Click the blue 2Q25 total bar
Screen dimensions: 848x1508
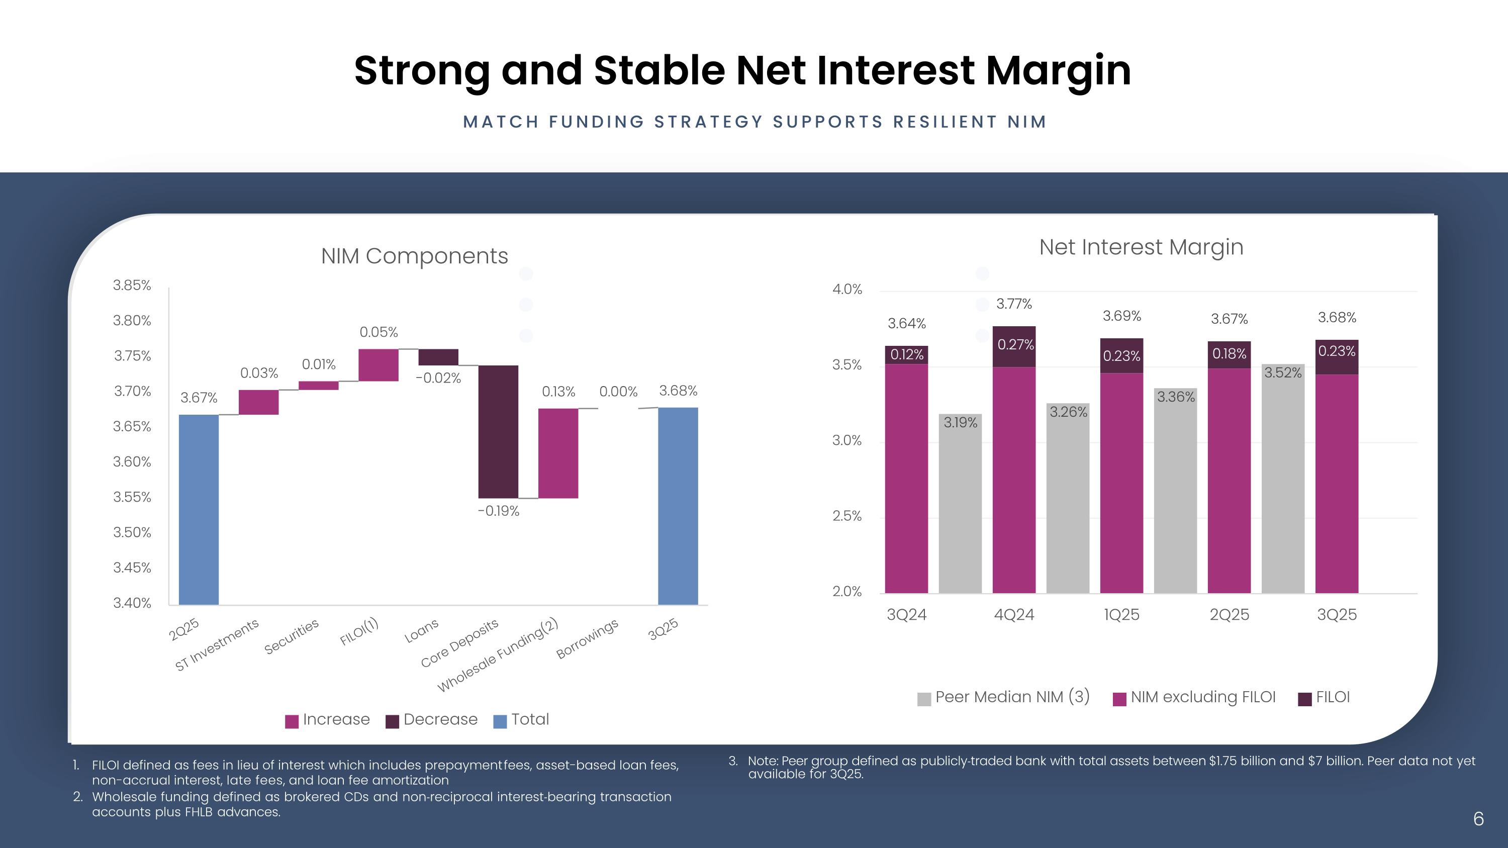[199, 509]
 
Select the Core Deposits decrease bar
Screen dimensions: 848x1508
[498, 431]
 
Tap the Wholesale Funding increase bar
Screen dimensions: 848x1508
[558, 453]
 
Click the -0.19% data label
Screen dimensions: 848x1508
[498, 511]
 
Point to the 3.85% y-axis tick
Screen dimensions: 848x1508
[132, 286]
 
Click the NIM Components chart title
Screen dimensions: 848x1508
[415, 256]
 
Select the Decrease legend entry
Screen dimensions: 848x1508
[431, 720]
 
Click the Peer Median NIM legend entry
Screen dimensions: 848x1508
[1003, 698]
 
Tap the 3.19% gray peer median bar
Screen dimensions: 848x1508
[960, 503]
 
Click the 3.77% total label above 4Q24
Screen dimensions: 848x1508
[1014, 304]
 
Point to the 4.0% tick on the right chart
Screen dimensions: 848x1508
[847, 289]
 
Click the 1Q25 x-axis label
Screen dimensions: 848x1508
[1121, 614]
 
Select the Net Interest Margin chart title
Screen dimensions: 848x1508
[1141, 247]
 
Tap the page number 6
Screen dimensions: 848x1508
[1478, 819]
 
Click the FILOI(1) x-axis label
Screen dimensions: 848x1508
[359, 631]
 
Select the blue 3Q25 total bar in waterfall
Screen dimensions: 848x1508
[678, 506]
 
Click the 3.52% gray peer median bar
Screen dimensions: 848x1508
[1283, 480]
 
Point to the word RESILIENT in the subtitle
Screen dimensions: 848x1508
[945, 122]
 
